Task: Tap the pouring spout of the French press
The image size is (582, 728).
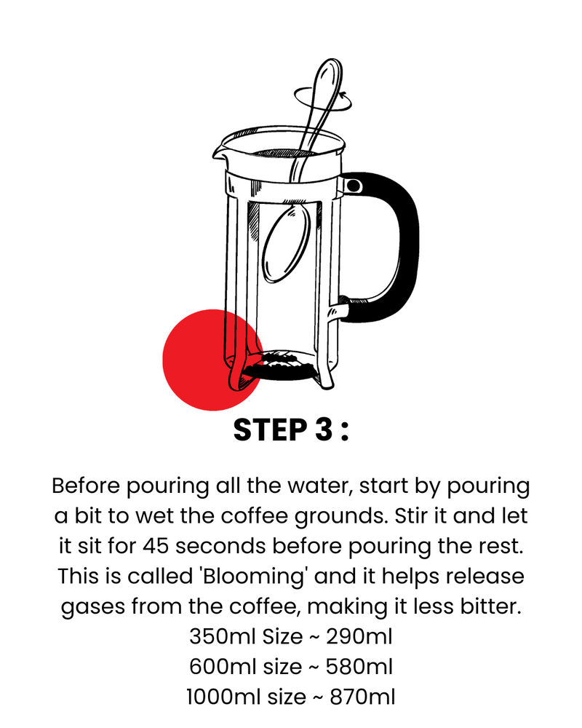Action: (218, 153)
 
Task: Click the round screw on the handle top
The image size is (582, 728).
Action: (354, 186)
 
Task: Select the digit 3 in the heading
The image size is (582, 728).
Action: (324, 430)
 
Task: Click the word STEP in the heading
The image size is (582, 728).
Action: (270, 430)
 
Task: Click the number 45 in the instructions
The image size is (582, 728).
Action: (156, 546)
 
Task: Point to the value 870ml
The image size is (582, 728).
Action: (362, 697)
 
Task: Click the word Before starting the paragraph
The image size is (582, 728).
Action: (86, 486)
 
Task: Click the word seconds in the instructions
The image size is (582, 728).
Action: (220, 546)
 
